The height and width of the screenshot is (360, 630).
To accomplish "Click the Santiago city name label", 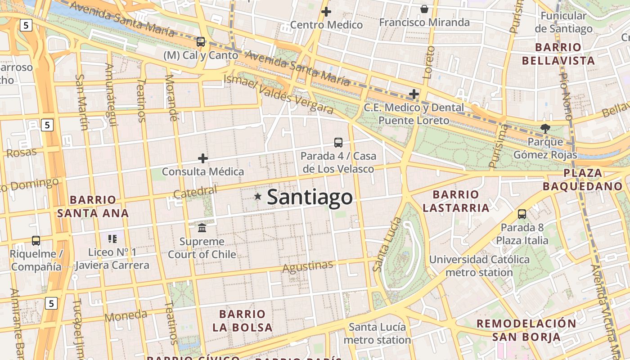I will (310, 197).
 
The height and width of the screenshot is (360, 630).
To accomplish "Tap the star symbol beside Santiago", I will (258, 196).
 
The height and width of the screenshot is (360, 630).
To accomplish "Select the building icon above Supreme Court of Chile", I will (202, 228).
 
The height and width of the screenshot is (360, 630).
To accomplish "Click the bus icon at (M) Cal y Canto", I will (201, 42).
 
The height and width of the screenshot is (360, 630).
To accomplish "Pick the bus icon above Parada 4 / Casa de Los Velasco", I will (338, 143).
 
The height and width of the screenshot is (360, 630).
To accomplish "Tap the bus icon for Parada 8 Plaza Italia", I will (522, 214).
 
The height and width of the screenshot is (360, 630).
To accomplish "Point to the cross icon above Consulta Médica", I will (203, 158).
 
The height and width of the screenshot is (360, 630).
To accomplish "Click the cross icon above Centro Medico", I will (326, 12).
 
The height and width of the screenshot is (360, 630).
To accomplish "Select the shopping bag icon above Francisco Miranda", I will (424, 9).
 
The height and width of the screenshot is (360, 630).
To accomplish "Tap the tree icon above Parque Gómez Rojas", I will (545, 129).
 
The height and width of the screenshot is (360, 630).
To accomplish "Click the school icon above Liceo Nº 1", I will (112, 238).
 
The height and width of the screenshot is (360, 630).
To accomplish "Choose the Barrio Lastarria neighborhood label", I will (456, 201).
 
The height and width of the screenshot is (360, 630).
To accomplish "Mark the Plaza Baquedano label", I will (583, 180).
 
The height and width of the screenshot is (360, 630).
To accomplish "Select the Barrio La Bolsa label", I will (243, 320).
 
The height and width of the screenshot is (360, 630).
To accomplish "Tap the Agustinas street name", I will (308, 267).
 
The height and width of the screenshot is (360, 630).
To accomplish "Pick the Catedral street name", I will (195, 192).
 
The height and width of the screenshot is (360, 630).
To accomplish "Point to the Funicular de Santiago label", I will (563, 22).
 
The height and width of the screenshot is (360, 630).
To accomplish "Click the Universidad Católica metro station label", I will (479, 266).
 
